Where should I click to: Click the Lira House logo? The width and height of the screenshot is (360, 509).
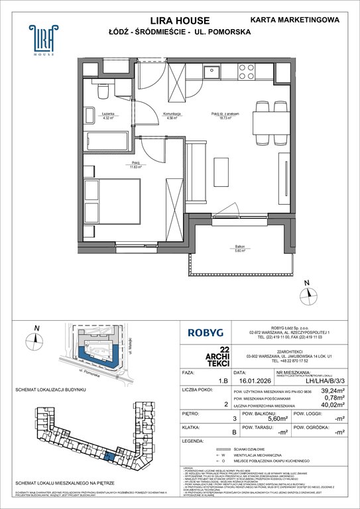[42, 39]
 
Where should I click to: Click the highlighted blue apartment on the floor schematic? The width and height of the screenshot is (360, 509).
[109, 457]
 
